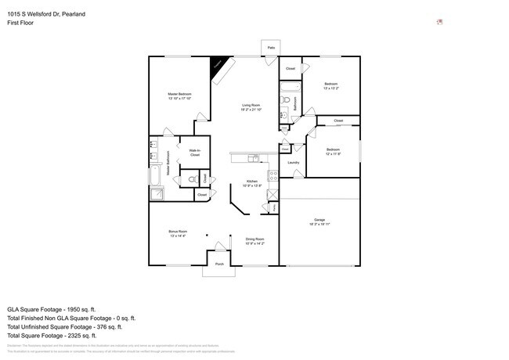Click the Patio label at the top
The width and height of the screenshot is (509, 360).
click(271, 49)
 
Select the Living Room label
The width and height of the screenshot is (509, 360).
click(251, 106)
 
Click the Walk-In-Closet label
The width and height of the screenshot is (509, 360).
click(195, 153)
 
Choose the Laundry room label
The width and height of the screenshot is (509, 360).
click(294, 163)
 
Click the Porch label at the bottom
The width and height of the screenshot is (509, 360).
click(218, 265)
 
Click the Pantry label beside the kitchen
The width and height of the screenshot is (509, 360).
click(274, 207)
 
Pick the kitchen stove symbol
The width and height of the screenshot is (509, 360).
click(273, 175)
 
